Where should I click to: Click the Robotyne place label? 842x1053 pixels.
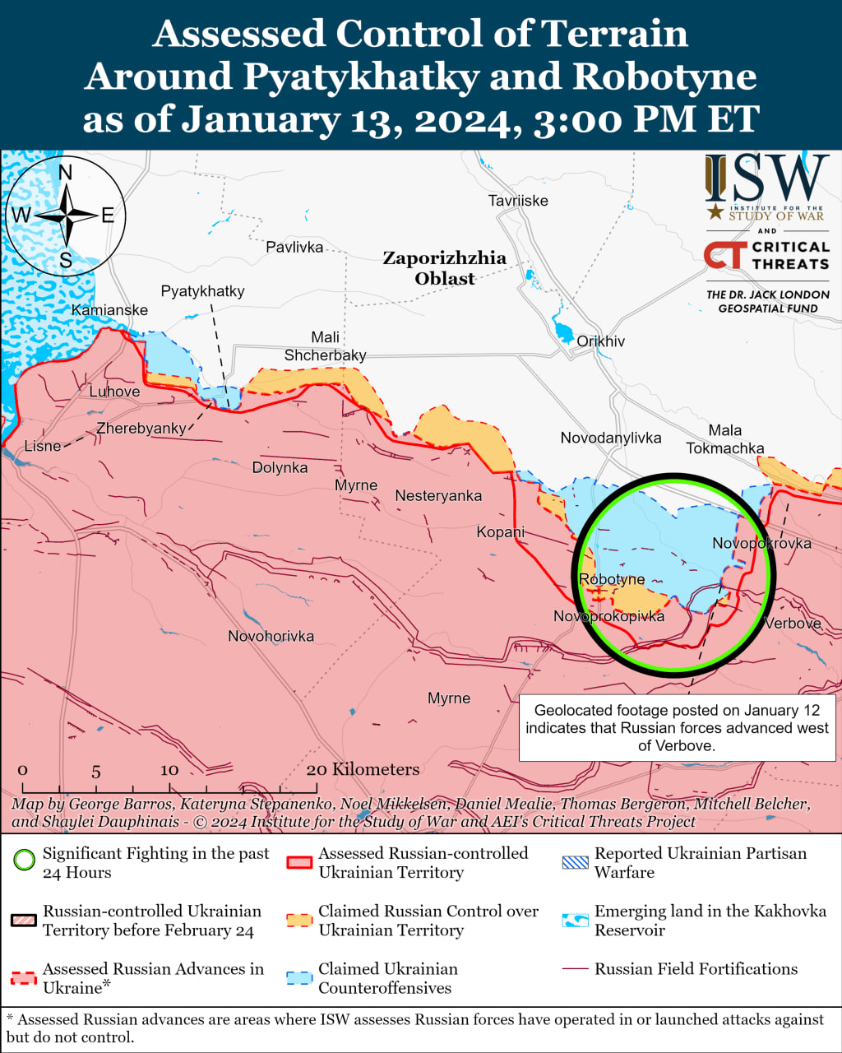612,579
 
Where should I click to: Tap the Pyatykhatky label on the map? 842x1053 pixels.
202,291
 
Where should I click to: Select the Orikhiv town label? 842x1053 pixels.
600,341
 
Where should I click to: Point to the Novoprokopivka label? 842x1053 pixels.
608,616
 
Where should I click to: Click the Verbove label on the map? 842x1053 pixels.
793,624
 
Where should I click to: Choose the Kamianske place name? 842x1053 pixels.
109,310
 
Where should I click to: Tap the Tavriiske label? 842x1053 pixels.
517,201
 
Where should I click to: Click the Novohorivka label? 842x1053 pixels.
271,636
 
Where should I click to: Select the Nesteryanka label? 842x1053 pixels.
438,496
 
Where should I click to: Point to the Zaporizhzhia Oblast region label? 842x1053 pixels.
445,268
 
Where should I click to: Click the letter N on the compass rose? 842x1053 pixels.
66,172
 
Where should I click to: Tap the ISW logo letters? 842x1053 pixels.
766,179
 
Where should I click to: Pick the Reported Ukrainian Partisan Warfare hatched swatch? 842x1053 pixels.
575,862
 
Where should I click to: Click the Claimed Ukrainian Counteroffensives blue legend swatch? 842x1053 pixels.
299,978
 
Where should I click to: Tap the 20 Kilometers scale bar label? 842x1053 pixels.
363,769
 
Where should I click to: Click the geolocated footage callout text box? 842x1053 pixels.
677,728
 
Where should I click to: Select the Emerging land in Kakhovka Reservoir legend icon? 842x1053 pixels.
575,920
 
